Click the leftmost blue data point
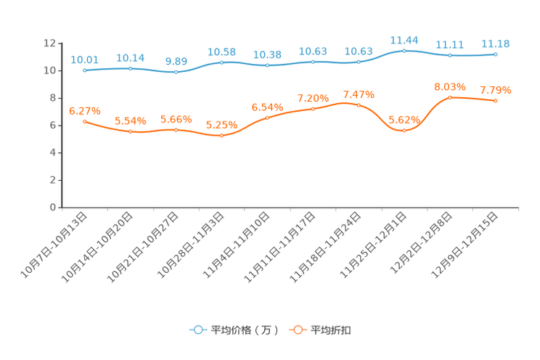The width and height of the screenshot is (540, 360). pos(86,70)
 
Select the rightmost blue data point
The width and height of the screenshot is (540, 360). pos(495,54)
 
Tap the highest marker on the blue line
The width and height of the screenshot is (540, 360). pos(404,50)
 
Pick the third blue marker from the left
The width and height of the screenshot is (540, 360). pos(176,72)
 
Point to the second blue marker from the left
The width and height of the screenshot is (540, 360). pos(131,68)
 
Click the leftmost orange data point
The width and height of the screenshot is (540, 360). pos(85,122)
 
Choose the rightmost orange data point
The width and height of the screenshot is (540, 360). pos(495,101)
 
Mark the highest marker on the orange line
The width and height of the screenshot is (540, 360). pos(450,97)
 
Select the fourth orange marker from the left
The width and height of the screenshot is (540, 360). pos(221,135)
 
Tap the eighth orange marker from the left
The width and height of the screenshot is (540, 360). pos(404,131)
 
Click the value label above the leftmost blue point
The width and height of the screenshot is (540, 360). pos(84,59)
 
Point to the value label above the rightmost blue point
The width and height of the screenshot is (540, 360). pos(496,44)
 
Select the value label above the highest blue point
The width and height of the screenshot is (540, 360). pos(404,39)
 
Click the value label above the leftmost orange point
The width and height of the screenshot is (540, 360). pos(84,111)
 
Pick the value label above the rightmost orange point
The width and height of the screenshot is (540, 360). pos(496,91)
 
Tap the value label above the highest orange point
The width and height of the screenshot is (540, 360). pos(450,86)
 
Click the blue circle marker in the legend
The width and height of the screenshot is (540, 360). pos(197,330)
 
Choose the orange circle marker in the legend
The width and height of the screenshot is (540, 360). pos(298,330)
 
